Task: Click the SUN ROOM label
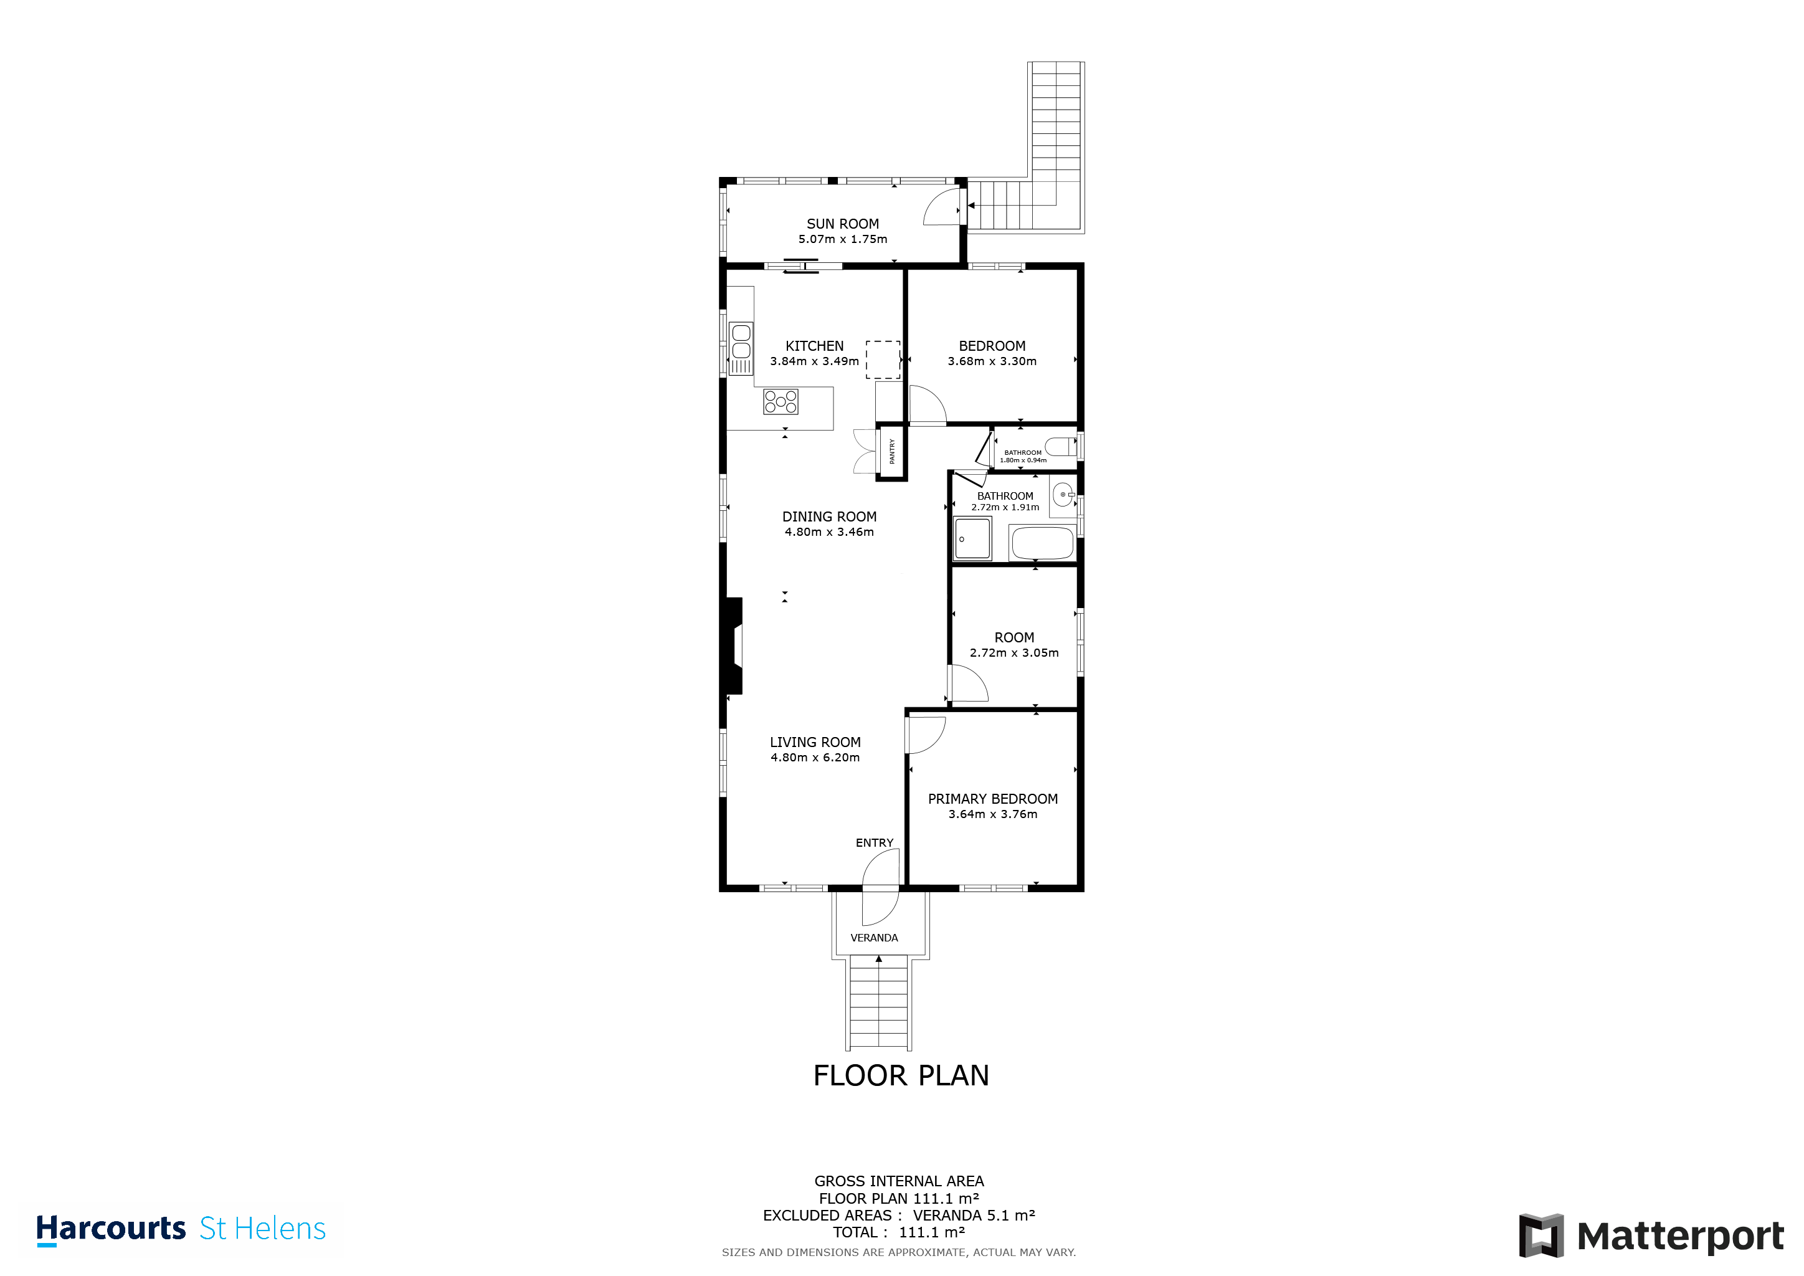[x=842, y=224]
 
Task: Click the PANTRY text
[x=892, y=451]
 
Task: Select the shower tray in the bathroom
[x=973, y=538]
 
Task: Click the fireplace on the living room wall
[x=734, y=646]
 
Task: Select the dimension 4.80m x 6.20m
[x=815, y=758]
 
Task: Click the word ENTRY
[x=874, y=842]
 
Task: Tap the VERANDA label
[x=874, y=937]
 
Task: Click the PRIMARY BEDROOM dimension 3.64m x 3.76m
[x=992, y=814]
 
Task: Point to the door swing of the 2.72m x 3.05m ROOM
[x=968, y=683]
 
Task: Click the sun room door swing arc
[x=941, y=207]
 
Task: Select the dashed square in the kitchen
[x=883, y=360]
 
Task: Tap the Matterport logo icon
[x=1540, y=1235]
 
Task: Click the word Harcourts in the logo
[x=111, y=1228]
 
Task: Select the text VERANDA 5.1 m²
[x=974, y=1216]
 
